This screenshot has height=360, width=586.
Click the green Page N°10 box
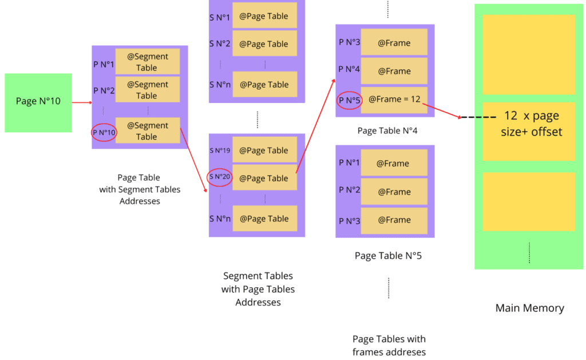coord(38,102)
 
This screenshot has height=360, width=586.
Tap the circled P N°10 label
coord(104,133)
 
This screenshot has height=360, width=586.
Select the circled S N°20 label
coord(220,177)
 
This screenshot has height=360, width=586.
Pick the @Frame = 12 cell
coord(394,100)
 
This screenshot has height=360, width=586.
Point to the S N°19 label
coord(220,151)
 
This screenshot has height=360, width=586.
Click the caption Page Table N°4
coord(387,131)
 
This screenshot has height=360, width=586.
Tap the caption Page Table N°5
coord(388,255)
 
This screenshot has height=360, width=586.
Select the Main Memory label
coord(529,308)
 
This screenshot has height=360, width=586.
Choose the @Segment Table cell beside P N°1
coord(147,62)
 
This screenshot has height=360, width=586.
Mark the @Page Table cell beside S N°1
coord(264,17)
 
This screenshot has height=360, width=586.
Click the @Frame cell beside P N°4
coord(394,72)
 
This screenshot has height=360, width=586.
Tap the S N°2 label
coord(220,44)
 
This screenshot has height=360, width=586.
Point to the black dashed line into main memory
coord(480,117)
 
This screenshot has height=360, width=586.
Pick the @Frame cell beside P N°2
coord(393,191)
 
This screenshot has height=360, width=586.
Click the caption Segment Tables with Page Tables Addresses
coord(258,288)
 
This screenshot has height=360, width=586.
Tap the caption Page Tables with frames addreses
coord(389,345)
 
